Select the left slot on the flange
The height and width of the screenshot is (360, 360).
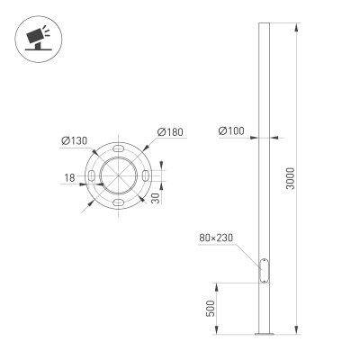[91, 176]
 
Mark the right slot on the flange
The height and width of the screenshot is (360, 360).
[145, 176]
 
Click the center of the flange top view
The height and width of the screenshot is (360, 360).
[118, 176]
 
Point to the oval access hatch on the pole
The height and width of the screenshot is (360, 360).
[264, 270]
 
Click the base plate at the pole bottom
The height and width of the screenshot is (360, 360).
[264, 335]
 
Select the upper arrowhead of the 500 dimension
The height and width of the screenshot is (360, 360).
[219, 285]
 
